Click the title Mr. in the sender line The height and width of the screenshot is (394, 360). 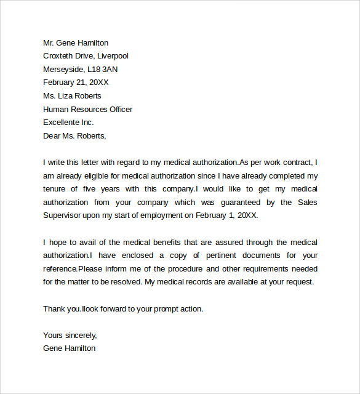click(x=49, y=43)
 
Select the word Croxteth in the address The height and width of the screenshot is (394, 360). click(x=60, y=56)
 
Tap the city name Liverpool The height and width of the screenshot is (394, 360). click(x=112, y=56)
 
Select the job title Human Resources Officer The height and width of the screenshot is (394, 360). click(x=87, y=110)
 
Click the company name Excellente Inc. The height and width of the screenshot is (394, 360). click(x=68, y=123)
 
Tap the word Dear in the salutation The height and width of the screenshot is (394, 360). click(x=52, y=136)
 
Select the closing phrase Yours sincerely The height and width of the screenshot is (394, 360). click(x=70, y=336)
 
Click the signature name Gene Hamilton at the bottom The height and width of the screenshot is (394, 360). click(x=69, y=348)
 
